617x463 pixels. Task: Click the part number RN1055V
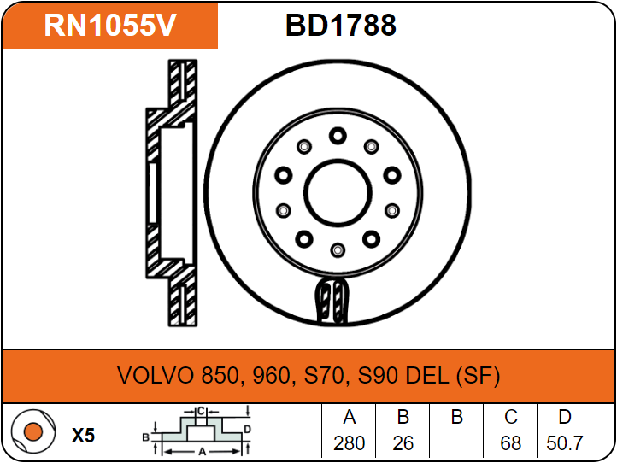pos(110,26)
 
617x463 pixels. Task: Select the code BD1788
pos(340,26)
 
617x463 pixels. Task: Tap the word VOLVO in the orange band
pos(156,376)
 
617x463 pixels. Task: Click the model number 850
pos(224,376)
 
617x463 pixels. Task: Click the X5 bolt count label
pos(83,436)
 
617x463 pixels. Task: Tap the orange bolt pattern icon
pos(32,435)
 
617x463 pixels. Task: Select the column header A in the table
pos(349,418)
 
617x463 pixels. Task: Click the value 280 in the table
pos(349,443)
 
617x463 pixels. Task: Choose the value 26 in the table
pos(403,443)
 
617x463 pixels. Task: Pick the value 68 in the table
pos(511,443)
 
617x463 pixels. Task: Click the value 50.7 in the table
pos(565,443)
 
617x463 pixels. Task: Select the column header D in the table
pos(565,418)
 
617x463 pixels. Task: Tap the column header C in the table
pos(511,418)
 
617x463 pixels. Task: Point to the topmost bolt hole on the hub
pos(337,135)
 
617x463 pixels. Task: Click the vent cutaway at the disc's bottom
pos(333,301)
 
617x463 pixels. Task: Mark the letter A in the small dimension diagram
pos(201,449)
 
